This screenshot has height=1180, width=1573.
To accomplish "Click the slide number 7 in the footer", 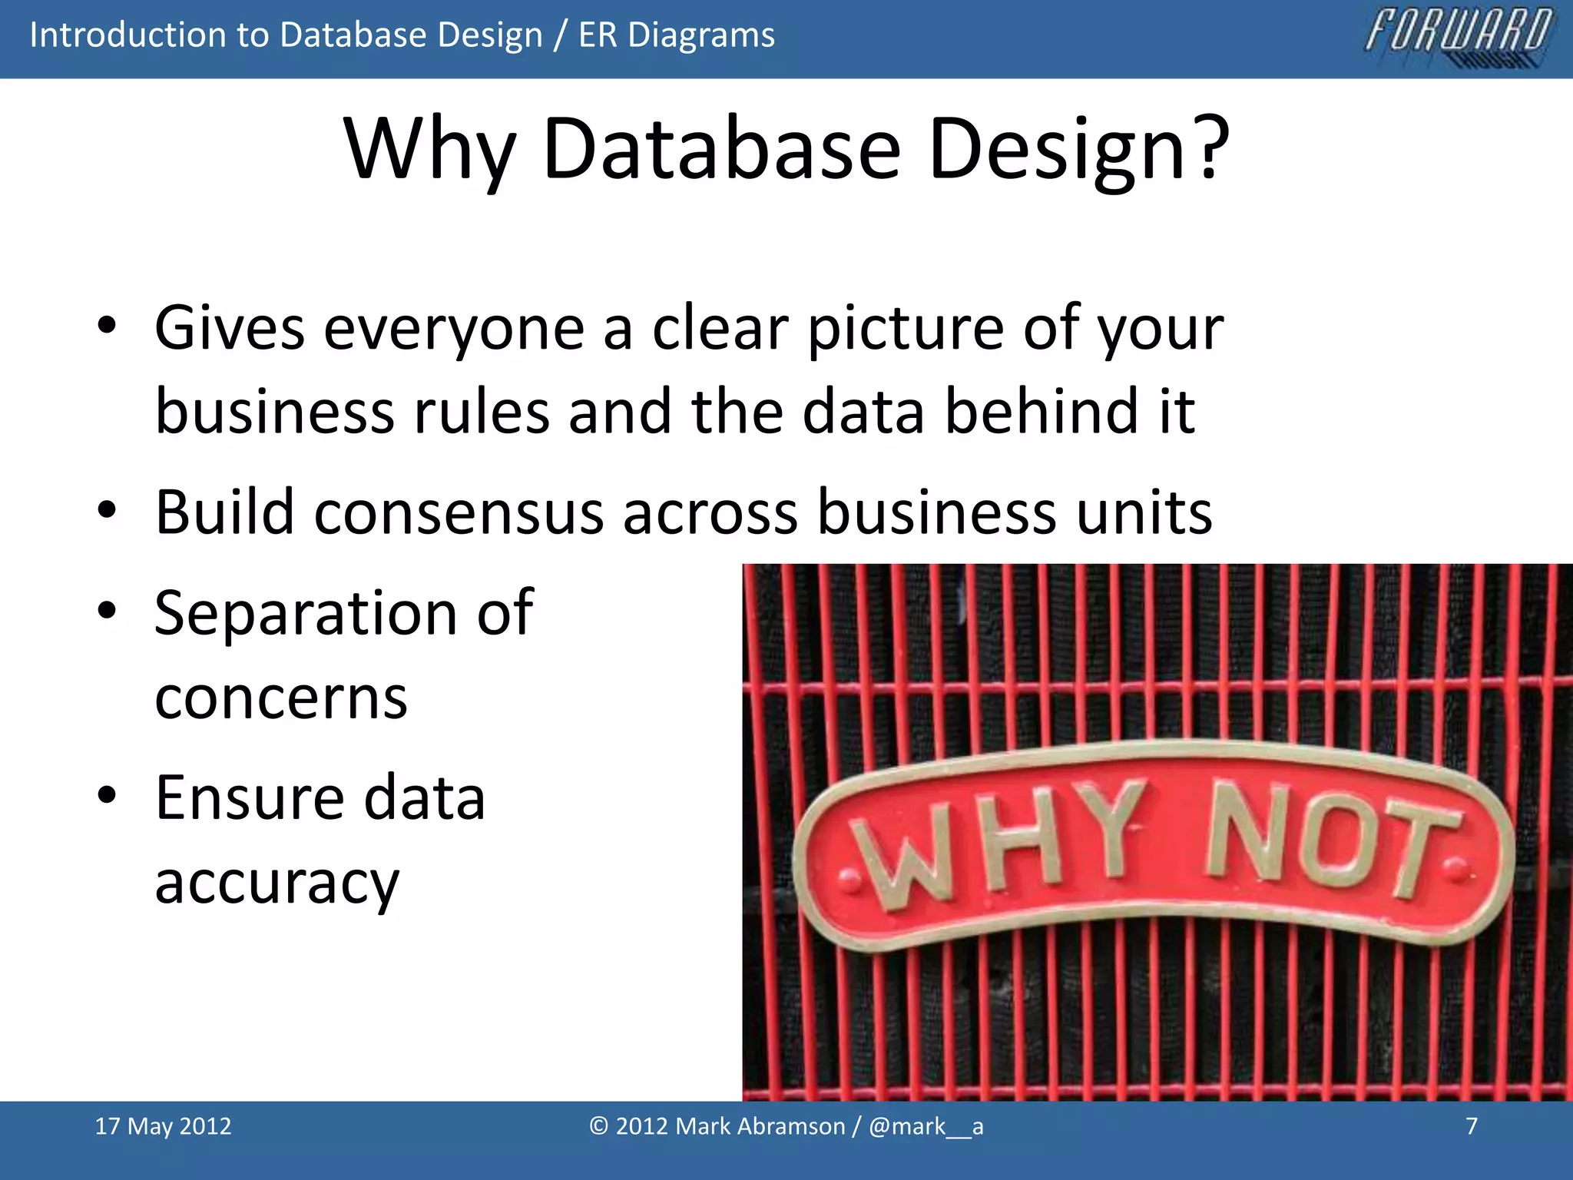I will [1472, 1126].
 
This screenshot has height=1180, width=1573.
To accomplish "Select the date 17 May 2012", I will [163, 1126].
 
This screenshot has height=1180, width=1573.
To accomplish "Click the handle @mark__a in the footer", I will [926, 1126].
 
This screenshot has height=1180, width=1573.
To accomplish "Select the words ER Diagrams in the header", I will [677, 35].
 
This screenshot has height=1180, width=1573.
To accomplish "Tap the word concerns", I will [280, 699].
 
